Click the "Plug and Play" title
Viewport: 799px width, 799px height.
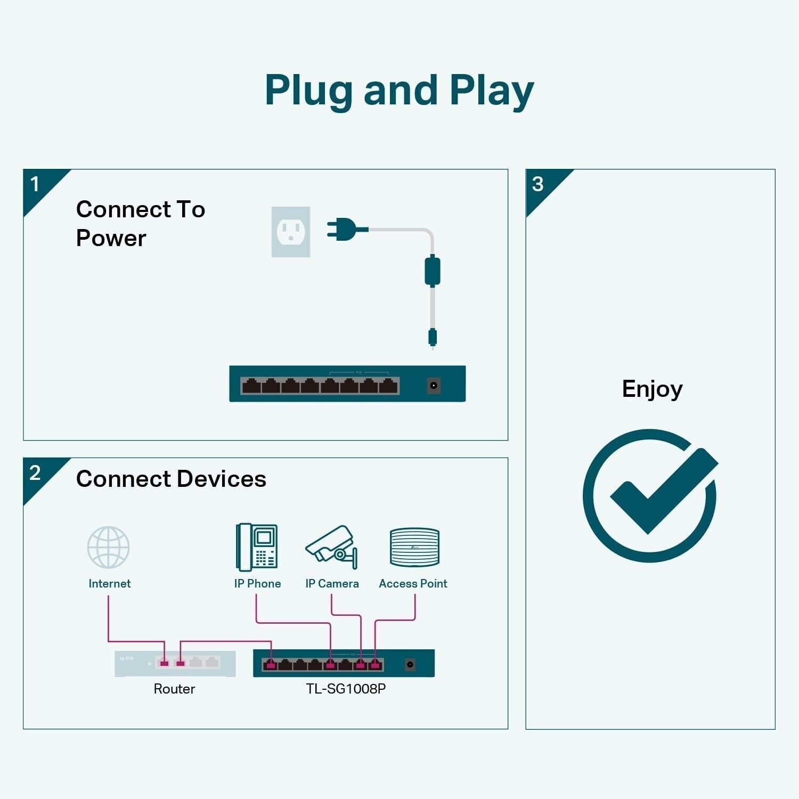tap(399, 91)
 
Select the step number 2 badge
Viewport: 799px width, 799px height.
tap(36, 473)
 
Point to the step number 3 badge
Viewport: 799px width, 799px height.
tap(538, 184)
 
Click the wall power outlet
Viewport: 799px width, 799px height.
tap(291, 232)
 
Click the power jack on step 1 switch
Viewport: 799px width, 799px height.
tap(434, 385)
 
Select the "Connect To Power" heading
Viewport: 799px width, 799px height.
tap(141, 223)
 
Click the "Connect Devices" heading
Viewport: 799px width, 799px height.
tap(171, 479)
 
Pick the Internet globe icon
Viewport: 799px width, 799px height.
tap(109, 547)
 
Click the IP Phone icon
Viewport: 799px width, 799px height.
tap(257, 547)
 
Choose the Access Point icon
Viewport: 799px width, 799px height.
tap(414, 547)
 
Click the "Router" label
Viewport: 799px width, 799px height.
tap(174, 689)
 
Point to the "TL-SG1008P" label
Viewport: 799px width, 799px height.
tap(346, 689)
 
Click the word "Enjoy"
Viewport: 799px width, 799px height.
tap(652, 389)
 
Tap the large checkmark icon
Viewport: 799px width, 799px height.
tap(651, 495)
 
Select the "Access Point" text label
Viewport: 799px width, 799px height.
tap(413, 584)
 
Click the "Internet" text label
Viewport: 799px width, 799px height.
tap(109, 584)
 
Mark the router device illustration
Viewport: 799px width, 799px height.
tap(175, 663)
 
